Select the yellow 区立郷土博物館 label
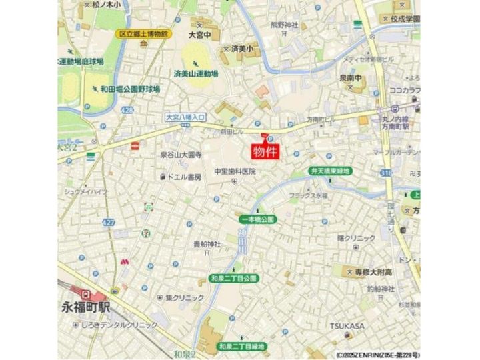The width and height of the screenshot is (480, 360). [143, 34]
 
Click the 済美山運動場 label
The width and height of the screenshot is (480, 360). [196, 73]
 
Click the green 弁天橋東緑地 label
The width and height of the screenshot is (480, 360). [331, 171]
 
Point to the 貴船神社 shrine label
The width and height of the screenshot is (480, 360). [207, 244]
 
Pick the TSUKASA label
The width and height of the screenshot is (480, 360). [347, 325]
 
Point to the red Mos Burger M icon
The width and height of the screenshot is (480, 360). [124, 262]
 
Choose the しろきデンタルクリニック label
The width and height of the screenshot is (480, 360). [119, 325]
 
